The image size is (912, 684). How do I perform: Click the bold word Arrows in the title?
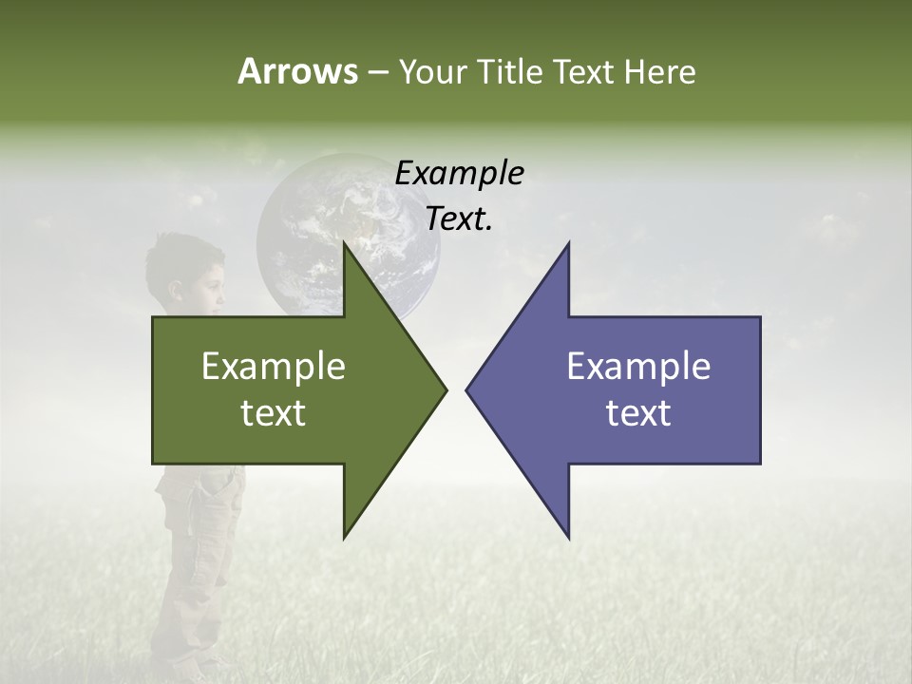[296, 71]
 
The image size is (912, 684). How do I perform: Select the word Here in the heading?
[659, 71]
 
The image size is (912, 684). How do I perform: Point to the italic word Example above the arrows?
[459, 173]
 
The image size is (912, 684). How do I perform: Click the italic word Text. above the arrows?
[459, 219]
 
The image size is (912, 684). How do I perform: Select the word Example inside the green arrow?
[274, 366]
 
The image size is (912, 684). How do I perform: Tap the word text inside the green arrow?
[274, 413]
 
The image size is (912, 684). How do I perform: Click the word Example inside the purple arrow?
[638, 366]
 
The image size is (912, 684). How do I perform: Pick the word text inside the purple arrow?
[638, 413]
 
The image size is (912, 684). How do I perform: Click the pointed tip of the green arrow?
[446, 389]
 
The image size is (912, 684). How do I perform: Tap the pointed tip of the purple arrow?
[466, 389]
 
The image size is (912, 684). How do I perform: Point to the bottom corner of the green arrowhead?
[344, 537]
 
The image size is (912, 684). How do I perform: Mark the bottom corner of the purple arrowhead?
[568, 538]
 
